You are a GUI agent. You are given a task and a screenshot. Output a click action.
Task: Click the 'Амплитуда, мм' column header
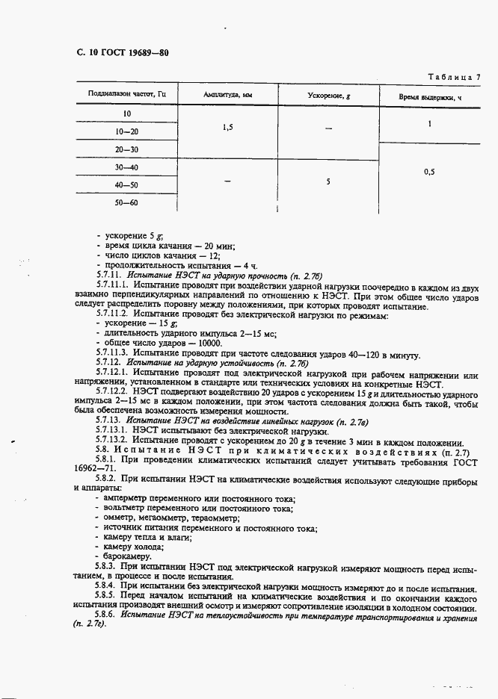227,95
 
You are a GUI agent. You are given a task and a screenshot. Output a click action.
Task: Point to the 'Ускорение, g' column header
329,95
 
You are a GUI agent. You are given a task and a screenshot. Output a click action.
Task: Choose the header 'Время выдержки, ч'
429,96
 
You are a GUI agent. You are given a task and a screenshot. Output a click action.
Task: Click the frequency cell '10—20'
127,131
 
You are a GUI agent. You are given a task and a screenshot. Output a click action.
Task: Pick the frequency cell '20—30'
127,149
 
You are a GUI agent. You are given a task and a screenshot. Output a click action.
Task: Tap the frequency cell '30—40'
127,167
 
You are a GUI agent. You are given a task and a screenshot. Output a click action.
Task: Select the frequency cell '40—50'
127,184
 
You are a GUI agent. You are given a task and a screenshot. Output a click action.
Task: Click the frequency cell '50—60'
127,202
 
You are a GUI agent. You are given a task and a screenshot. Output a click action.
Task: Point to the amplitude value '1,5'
227,128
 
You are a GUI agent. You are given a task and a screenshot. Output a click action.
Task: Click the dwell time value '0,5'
429,172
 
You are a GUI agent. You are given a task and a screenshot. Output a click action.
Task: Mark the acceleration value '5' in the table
328,181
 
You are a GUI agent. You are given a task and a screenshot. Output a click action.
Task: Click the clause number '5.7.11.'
111,276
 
